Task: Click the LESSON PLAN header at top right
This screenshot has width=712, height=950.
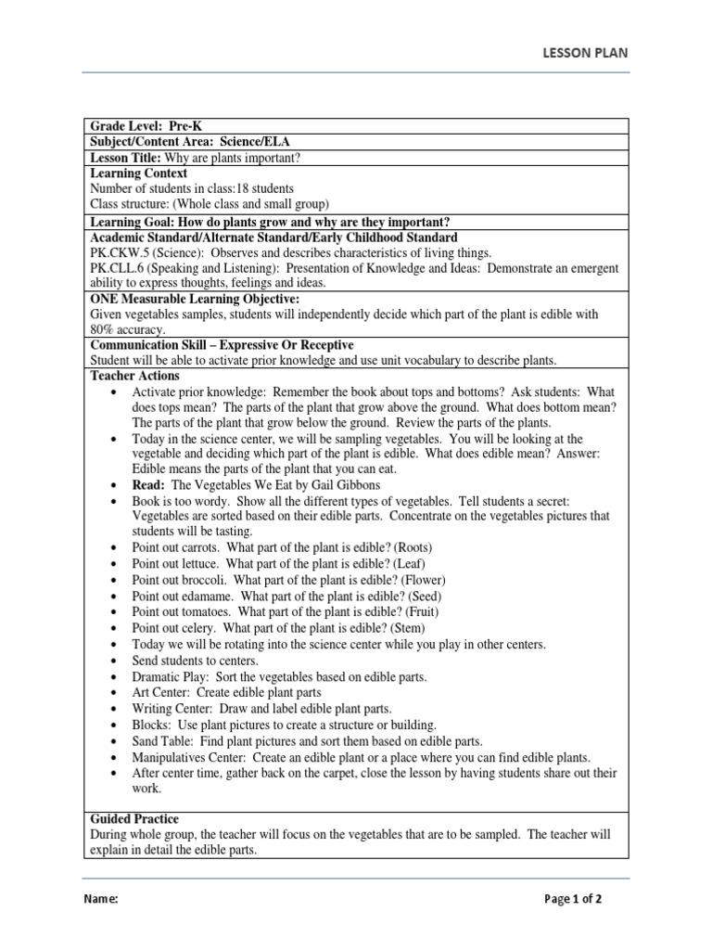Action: pos(584,53)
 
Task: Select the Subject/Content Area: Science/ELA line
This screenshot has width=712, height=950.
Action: pos(190,142)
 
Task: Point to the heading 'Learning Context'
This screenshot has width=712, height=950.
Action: pos(138,173)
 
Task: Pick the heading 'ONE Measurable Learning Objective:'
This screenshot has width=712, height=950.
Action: pos(195,299)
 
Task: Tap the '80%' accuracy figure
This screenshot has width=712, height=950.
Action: pos(103,329)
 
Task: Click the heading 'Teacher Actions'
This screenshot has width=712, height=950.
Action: pos(135,376)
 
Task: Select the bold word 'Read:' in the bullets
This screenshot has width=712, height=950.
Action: pos(149,485)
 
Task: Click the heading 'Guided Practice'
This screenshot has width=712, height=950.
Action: pos(134,819)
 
